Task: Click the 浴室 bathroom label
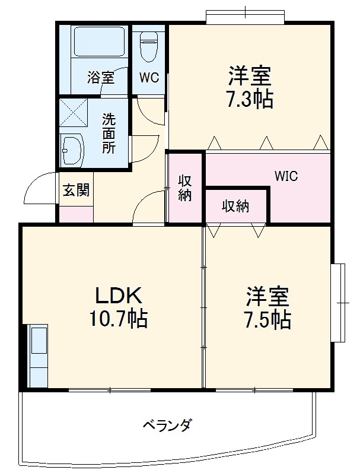[x=100, y=77]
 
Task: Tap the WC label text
[x=149, y=77]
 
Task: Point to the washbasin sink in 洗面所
[x=72, y=150]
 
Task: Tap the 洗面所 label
[x=109, y=133]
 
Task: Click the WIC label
[x=286, y=176]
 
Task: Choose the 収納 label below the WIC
[x=235, y=207]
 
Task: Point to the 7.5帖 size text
[x=267, y=319]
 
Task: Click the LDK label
[x=119, y=295]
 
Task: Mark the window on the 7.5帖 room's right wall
[x=340, y=302]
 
